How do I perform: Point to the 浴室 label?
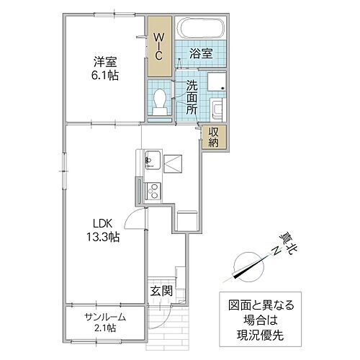(201, 53)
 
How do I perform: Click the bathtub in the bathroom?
(202, 30)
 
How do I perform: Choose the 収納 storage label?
(214, 136)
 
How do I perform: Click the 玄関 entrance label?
(161, 291)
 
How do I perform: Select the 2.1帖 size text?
(105, 329)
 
